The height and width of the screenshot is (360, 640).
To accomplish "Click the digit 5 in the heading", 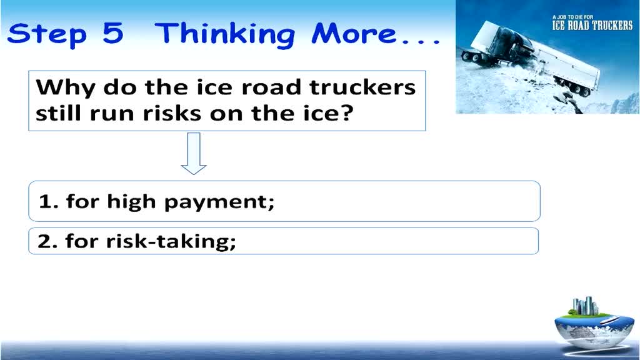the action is pos(113,33).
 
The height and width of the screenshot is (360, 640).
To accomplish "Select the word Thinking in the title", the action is pos(225,35).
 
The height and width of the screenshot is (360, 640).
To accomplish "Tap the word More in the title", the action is pos(354,33).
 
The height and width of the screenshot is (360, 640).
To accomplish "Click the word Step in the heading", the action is pos(47,35).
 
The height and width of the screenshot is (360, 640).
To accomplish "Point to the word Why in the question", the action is pos(66,88).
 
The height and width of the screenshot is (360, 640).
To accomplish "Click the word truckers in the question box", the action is pos(363,87).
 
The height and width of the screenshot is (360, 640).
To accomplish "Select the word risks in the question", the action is pos(172,113).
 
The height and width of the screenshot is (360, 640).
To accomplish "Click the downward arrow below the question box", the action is pos(194,154).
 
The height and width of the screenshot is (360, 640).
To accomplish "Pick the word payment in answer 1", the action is pos(219,202).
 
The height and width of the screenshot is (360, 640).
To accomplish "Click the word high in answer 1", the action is pos(132,201).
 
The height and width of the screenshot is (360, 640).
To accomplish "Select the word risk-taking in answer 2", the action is pos(171,241).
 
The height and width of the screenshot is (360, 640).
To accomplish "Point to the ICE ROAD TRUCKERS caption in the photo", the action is pos(592,26).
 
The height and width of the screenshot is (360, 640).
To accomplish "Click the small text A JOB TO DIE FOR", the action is pos(572,17).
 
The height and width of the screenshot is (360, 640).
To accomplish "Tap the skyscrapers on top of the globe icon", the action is pos(585,306).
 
